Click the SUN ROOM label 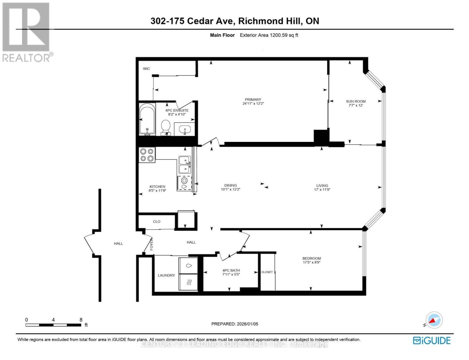[356, 101]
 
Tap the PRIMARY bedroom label [253, 100]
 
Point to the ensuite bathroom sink [184, 130]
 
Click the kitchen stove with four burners [147, 155]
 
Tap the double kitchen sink [184, 165]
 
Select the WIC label [146, 69]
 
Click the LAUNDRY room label [166, 275]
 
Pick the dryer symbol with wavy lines [189, 282]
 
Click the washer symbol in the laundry [189, 266]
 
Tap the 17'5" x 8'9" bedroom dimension [311, 262]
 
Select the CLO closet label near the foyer [157, 222]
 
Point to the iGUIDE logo [432, 340]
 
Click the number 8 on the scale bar [81, 320]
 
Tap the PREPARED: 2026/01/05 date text [235, 324]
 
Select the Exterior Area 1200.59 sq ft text [269, 35]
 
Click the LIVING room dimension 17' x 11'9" [322, 190]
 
